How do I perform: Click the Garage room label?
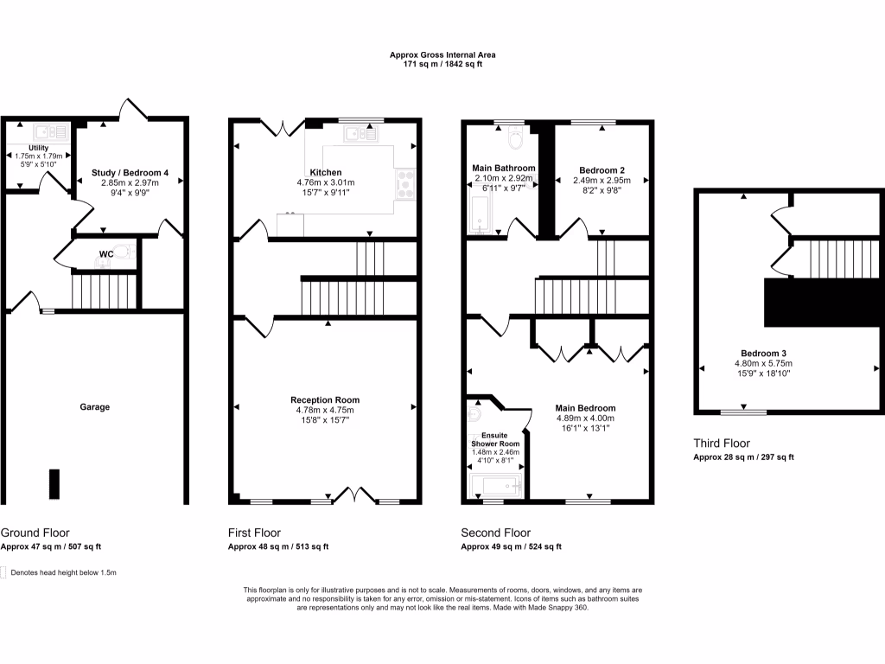point(95,406)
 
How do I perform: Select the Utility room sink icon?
point(51,132)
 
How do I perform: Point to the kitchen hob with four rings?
point(404,182)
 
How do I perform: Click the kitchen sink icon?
point(360,133)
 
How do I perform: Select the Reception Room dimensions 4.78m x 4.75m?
point(325,410)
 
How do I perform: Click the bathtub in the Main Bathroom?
point(480,214)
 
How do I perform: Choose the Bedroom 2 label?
point(602,169)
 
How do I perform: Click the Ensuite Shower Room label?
point(496,438)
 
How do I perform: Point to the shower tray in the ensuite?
point(496,487)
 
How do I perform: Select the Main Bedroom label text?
point(585,408)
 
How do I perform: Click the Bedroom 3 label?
point(763,353)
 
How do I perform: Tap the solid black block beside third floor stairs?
point(823,303)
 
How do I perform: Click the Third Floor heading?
point(723,444)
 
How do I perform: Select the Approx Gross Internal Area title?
point(442,55)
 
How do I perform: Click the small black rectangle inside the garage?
point(54,483)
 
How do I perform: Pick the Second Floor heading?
point(495,533)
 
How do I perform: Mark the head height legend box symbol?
point(3,572)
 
